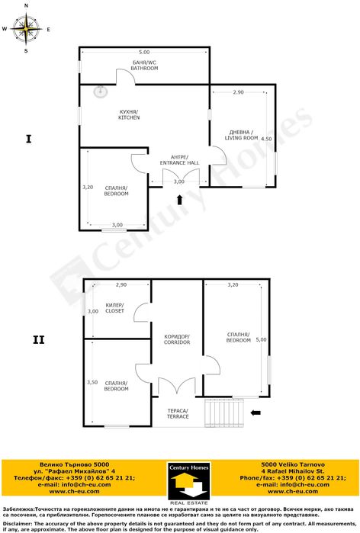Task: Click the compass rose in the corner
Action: click(27, 30)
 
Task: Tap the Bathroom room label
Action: click(143, 66)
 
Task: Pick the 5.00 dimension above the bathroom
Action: click(143, 53)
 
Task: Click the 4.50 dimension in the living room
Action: click(266, 140)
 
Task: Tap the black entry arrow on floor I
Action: click(179, 201)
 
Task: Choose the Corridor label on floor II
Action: click(177, 339)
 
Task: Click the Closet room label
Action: click(115, 308)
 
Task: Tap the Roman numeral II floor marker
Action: click(39, 339)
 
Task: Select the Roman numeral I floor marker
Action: click(28, 139)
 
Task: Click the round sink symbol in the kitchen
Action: click(97, 92)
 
